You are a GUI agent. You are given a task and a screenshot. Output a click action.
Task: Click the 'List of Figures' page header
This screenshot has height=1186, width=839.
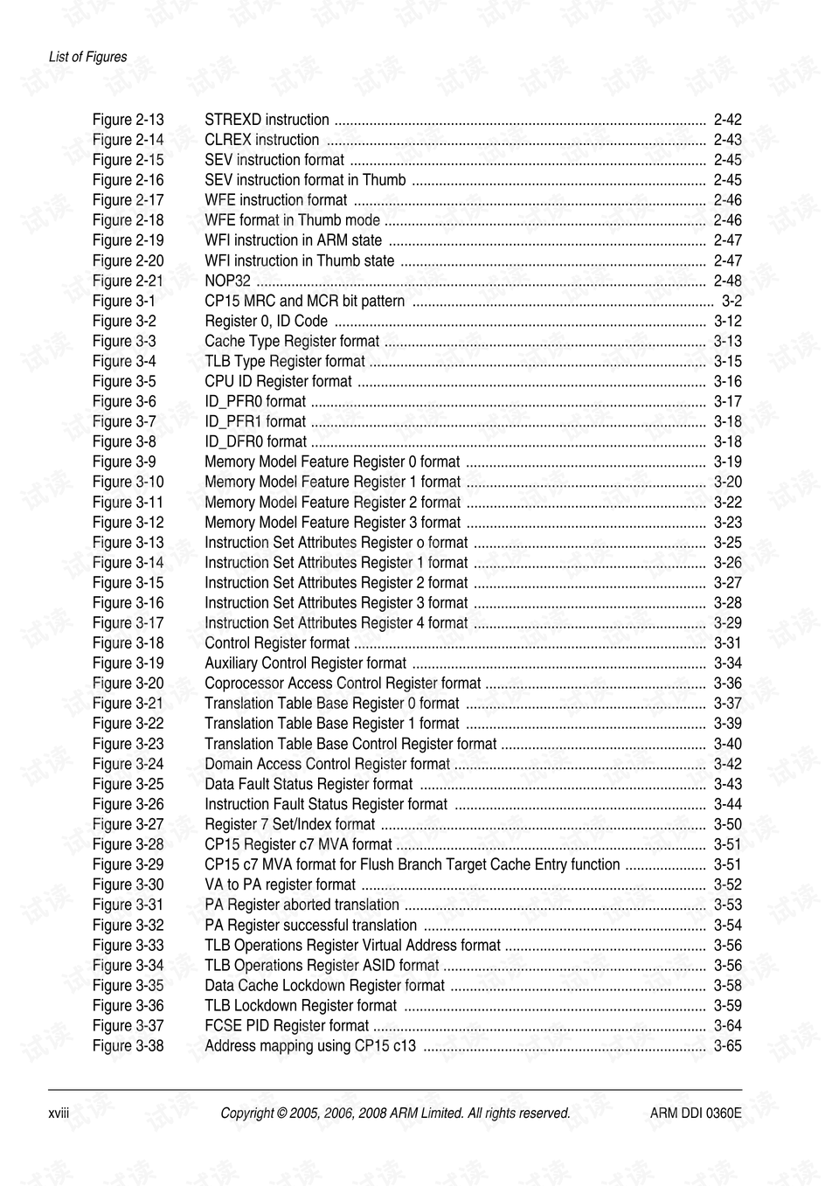[87, 57]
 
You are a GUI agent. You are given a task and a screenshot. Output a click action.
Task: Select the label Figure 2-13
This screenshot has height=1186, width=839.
[128, 120]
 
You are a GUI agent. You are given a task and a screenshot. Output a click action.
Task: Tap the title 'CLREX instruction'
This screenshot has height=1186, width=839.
[262, 140]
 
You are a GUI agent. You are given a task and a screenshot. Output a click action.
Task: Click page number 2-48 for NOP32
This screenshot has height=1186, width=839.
[727, 281]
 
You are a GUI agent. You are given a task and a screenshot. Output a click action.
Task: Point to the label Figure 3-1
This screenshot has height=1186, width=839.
[124, 301]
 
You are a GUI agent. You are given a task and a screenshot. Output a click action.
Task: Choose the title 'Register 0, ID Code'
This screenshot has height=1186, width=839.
[267, 321]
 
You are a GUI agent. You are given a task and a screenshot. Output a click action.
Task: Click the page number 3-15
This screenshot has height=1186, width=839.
[727, 361]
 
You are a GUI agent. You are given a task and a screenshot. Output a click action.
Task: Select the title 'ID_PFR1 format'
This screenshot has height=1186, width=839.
[255, 421]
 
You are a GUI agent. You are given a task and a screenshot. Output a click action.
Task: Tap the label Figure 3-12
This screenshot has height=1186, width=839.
[128, 522]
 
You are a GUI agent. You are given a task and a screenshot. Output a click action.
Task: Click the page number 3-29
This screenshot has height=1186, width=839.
[727, 622]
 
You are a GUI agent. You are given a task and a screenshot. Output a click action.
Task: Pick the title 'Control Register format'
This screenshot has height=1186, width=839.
[277, 642]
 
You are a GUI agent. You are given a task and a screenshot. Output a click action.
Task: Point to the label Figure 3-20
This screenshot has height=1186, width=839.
[128, 683]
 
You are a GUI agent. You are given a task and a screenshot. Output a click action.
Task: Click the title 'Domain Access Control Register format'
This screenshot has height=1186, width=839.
[327, 763]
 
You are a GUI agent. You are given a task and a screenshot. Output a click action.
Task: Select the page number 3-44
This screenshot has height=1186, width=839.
[727, 803]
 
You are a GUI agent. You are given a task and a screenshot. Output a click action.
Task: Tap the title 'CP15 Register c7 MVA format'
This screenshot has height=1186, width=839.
[298, 843]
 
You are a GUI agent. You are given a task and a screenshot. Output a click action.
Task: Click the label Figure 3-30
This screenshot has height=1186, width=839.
[128, 884]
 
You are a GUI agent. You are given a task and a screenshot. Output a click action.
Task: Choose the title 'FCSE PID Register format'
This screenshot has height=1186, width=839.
[287, 1025]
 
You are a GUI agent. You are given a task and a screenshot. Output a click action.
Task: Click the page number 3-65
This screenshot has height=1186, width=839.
[727, 1045]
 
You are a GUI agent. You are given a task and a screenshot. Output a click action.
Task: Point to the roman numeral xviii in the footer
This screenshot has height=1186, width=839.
[59, 1113]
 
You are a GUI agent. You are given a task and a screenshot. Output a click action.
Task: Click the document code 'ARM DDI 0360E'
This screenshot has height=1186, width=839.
[696, 1113]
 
